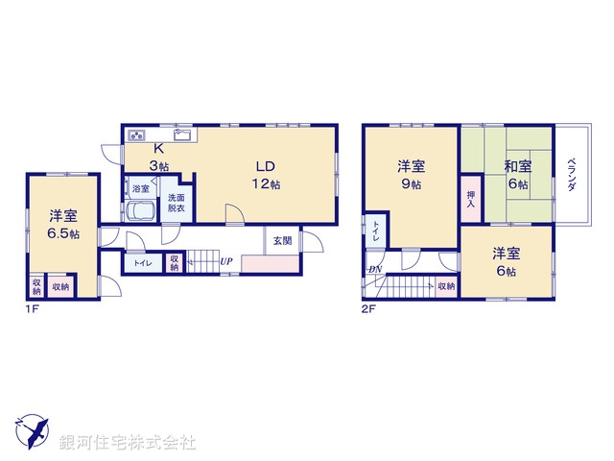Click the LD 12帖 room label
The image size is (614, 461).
coord(266,172)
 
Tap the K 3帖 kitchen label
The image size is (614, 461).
coord(160,157)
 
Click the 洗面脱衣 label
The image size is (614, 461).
coord(177,202)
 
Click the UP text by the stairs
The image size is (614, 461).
coord(225,261)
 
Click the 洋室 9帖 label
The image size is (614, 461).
coord(411,175)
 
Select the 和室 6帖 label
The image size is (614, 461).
coord(520,175)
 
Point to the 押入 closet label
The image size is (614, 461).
coord(470,200)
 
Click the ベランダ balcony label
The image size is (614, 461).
coord(571,175)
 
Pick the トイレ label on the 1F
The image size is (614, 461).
coord(141,262)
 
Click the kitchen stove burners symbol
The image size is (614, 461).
coord(135,133)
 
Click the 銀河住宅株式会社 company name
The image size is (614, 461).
coord(128,443)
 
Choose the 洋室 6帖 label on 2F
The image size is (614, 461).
coord(507,261)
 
